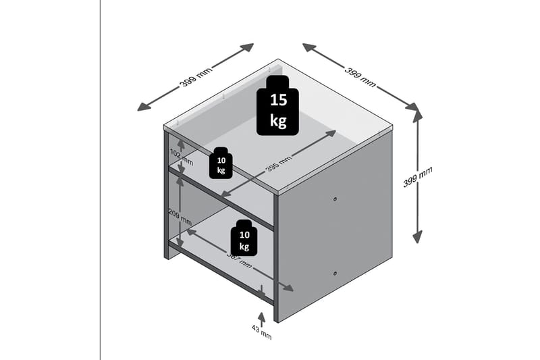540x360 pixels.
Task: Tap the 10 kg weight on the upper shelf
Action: (221, 163)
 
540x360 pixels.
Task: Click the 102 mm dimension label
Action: (176, 155)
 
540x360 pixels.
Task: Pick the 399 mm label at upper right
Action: (360, 76)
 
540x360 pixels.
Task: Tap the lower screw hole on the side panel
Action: (335, 272)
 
